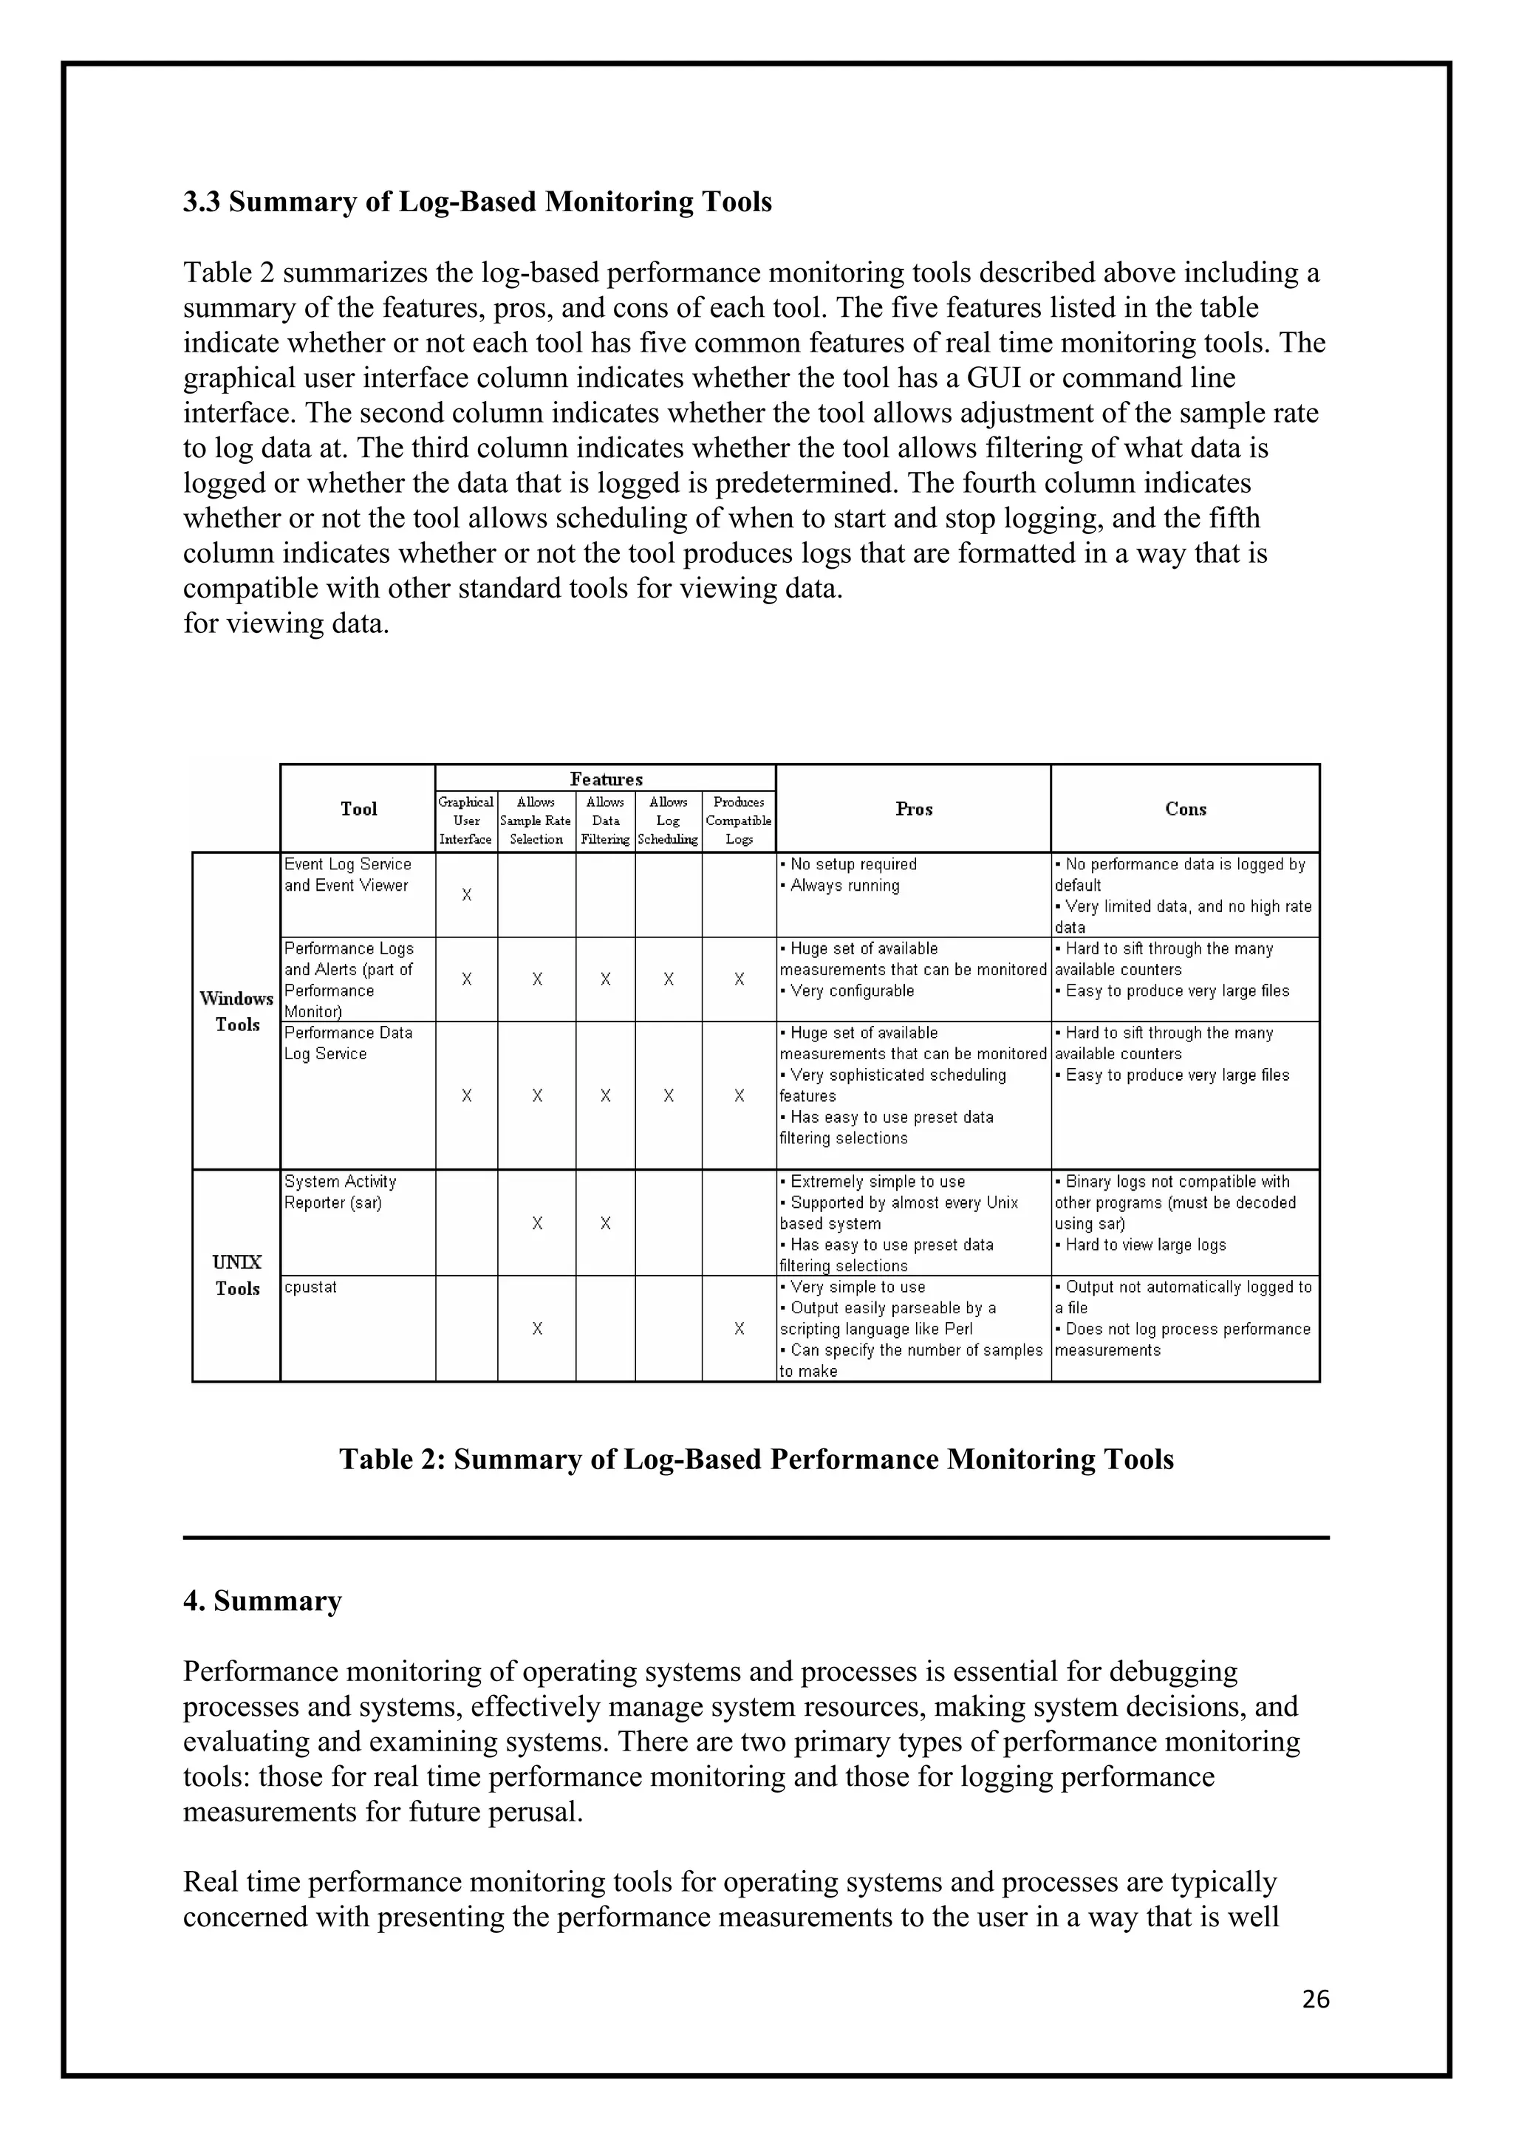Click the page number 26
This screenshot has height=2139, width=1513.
[x=1316, y=1999]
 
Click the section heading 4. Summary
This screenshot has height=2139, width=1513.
[x=263, y=1601]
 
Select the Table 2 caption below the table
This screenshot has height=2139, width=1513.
[x=756, y=1458]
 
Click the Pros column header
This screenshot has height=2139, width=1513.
[x=913, y=809]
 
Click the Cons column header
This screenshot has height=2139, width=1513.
[x=1185, y=809]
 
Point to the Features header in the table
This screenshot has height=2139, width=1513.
[x=606, y=778]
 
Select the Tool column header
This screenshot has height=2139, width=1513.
[x=359, y=809]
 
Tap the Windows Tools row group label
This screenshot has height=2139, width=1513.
[x=236, y=1011]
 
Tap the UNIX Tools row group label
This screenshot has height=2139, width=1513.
[x=236, y=1276]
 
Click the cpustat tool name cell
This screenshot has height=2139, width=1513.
[x=311, y=1287]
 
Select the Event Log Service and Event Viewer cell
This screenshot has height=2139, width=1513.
[x=347, y=875]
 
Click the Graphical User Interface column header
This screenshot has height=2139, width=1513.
[x=466, y=820]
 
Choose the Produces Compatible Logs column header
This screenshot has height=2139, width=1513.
[x=739, y=820]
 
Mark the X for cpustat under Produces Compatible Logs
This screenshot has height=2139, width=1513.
[x=739, y=1329]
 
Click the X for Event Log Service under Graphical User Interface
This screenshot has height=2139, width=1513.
[x=467, y=895]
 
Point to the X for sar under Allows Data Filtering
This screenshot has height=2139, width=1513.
[x=606, y=1223]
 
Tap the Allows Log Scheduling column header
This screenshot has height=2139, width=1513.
[x=668, y=820]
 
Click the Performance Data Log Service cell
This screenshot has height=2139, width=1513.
[x=347, y=1042]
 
